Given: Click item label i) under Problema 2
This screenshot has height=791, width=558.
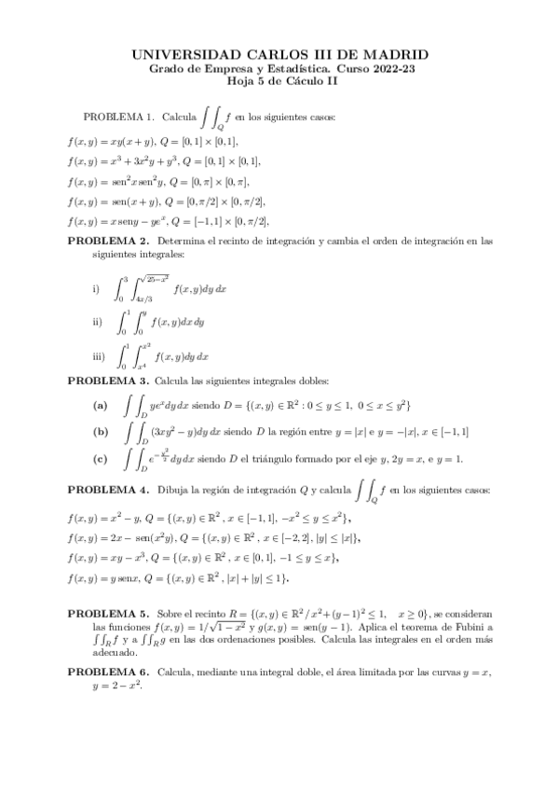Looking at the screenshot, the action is pyautogui.click(x=96, y=289).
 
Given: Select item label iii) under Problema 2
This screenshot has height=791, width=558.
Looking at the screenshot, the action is pyautogui.click(x=98, y=355).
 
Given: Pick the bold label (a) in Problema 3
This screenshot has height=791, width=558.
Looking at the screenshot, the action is pyautogui.click(x=101, y=406).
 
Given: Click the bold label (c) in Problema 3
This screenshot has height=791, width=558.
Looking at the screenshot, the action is pyautogui.click(x=101, y=458).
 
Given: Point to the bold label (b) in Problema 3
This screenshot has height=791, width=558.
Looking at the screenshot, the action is pyautogui.click(x=101, y=431).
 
